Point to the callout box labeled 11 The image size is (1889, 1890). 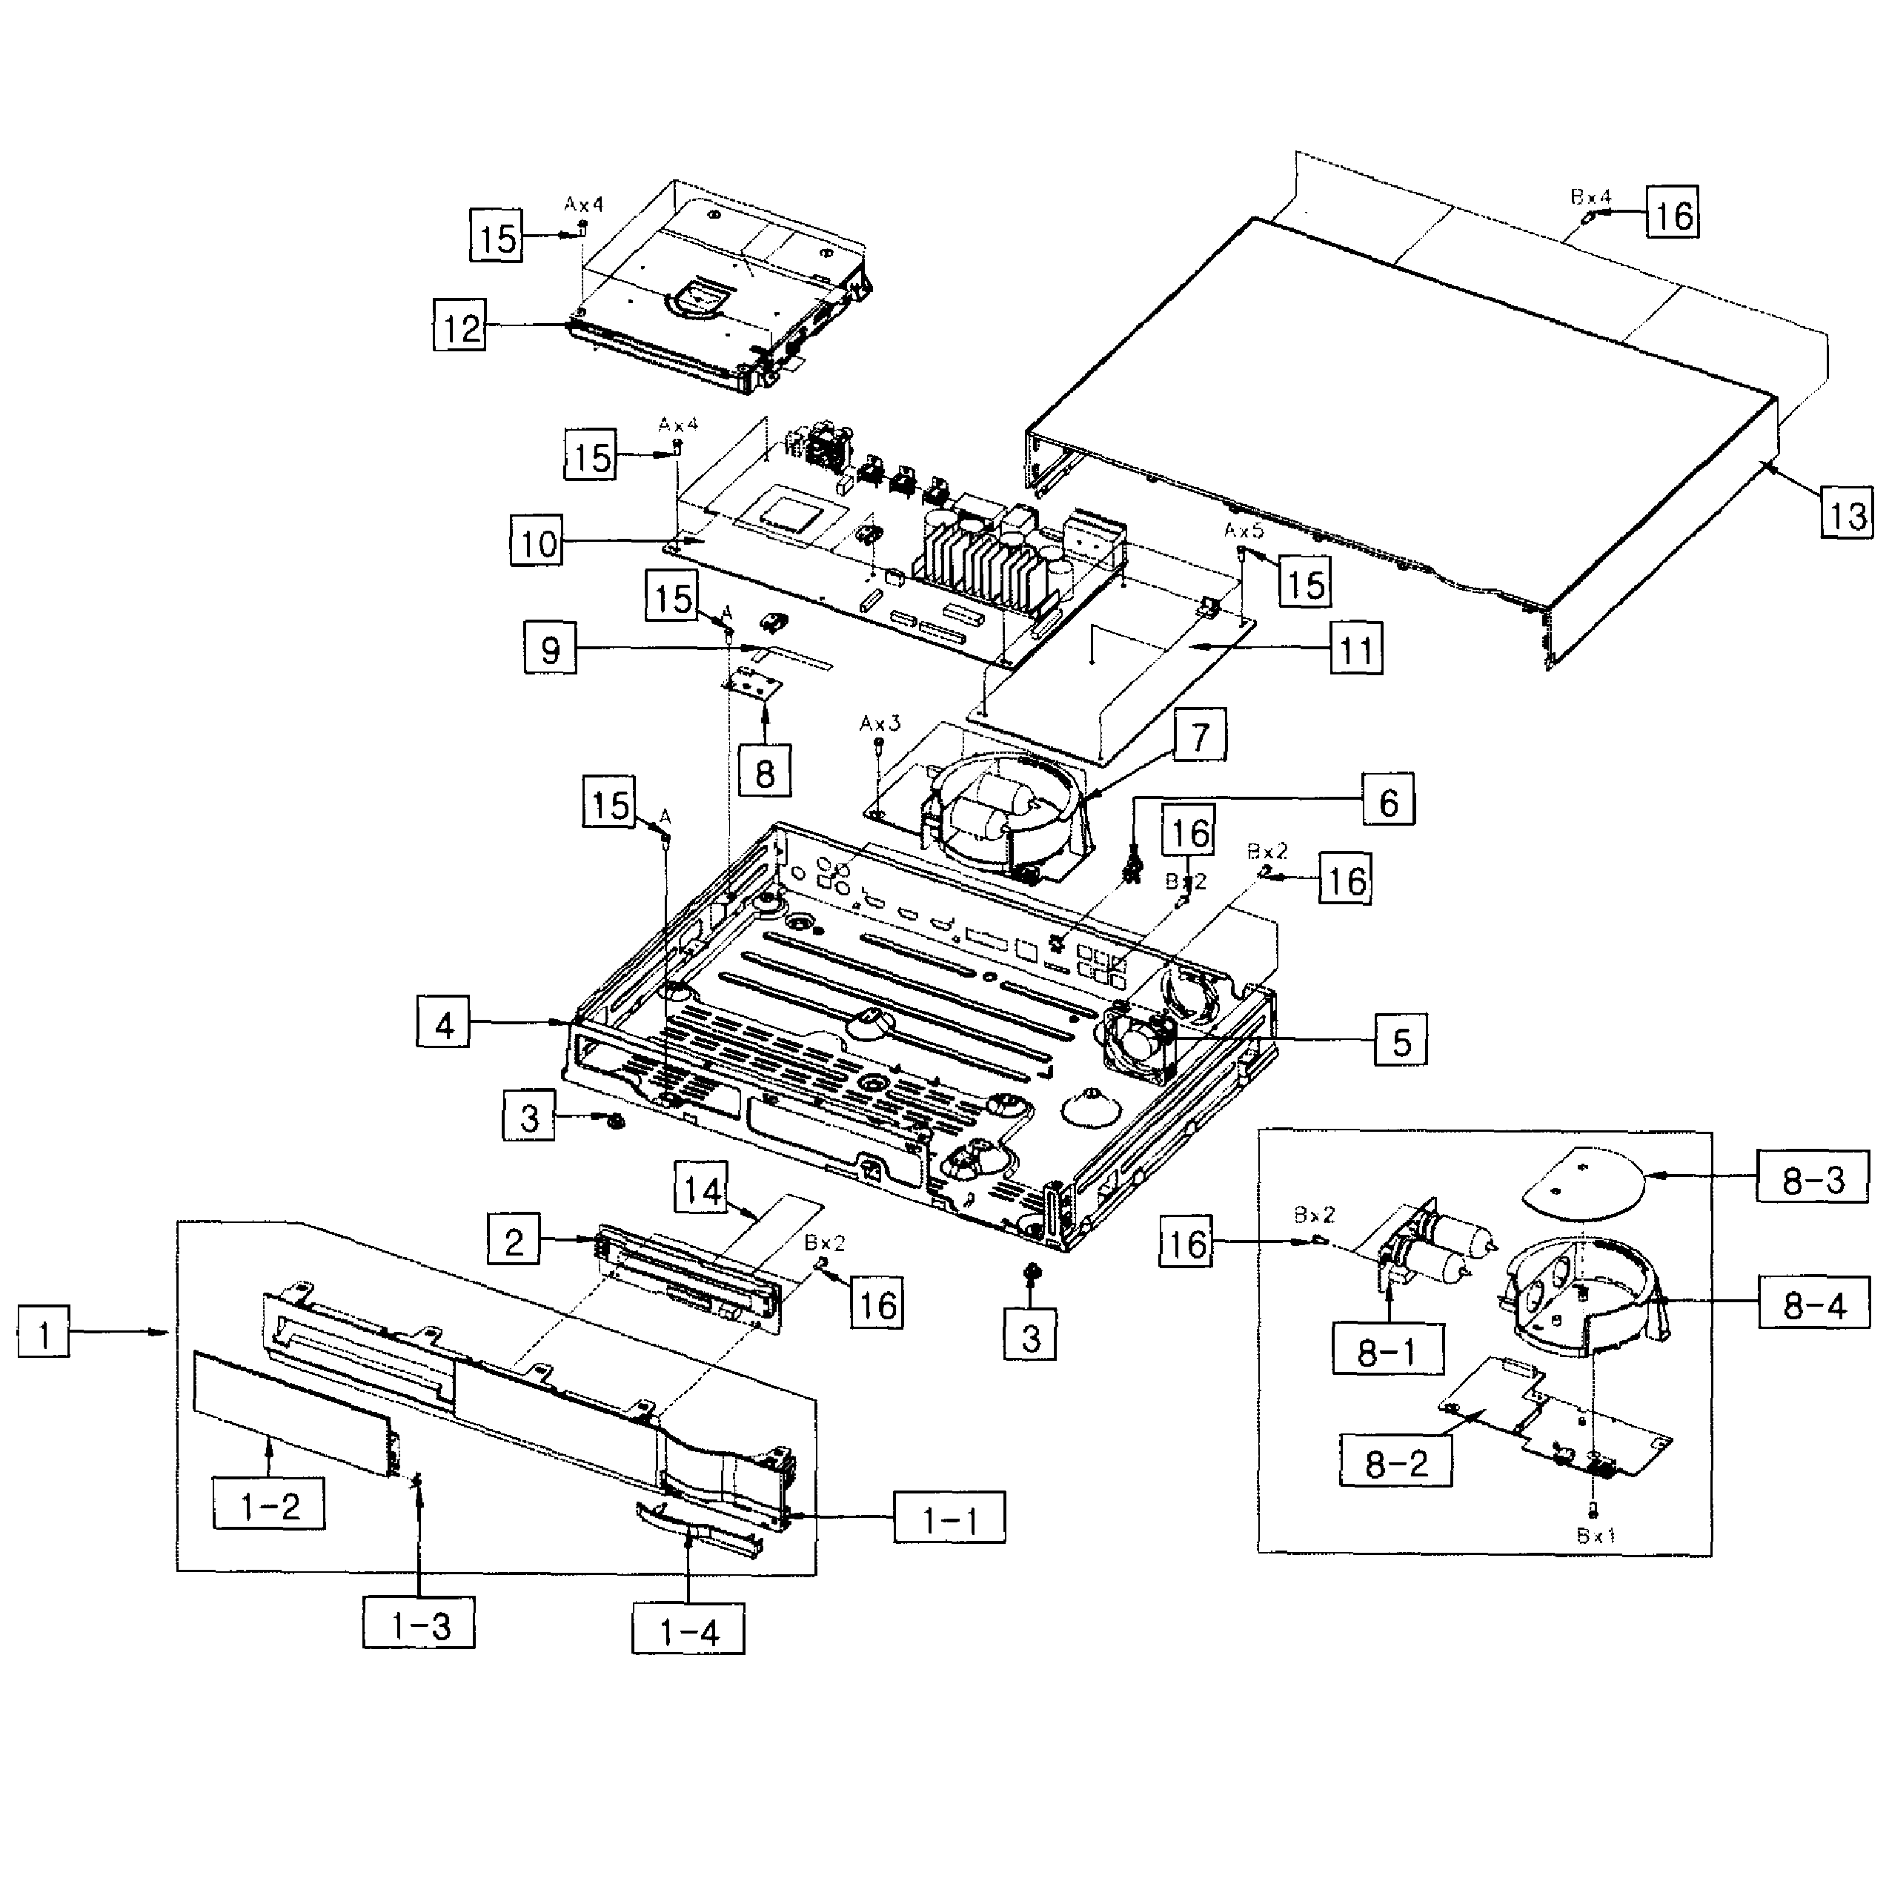pos(1356,649)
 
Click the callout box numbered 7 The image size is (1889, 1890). pos(1201,736)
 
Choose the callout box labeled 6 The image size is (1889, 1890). pos(1388,801)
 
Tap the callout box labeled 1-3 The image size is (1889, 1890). pos(419,1626)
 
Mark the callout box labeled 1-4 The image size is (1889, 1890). pos(688,1632)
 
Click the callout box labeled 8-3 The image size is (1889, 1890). pos(1813,1178)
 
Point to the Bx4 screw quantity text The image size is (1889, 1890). pos(1590,196)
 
